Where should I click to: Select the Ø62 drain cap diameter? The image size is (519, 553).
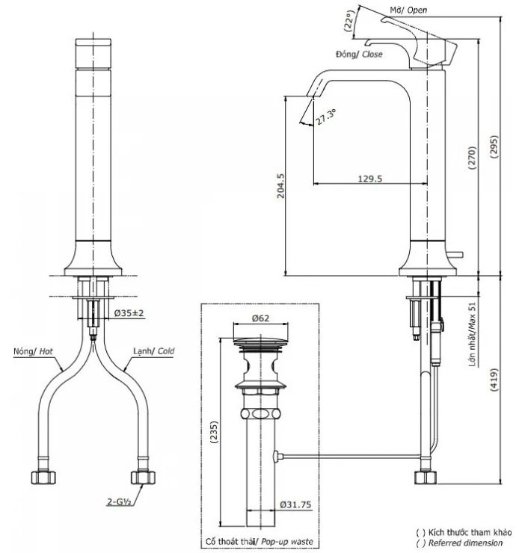coord(260,318)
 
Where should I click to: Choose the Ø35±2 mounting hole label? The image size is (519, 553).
coord(129,312)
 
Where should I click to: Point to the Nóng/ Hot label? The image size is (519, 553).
coord(32,350)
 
